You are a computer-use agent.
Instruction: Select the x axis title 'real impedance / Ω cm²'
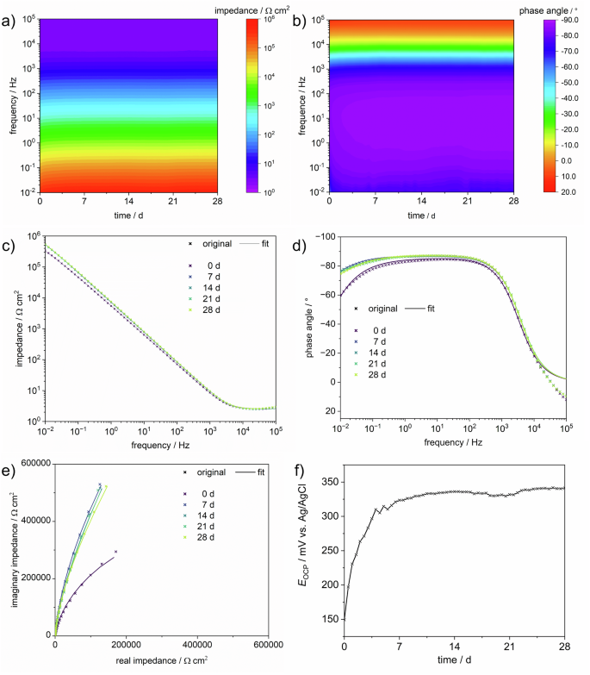tap(162, 660)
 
